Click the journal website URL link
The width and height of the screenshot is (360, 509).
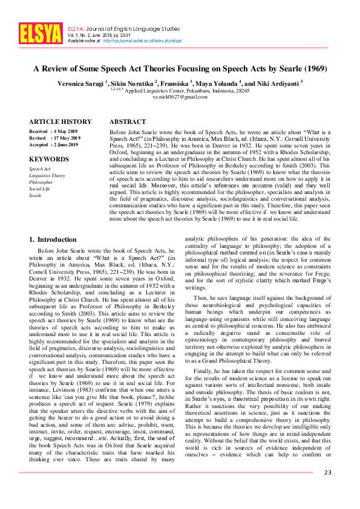pyautogui.click(x=142, y=41)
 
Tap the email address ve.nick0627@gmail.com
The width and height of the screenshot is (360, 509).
pyautogui.click(x=180, y=97)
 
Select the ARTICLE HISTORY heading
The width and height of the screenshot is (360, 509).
pyautogui.click(x=61, y=122)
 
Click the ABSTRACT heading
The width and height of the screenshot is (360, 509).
pyautogui.click(x=128, y=122)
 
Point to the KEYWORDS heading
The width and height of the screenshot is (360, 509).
pyautogui.click(x=49, y=159)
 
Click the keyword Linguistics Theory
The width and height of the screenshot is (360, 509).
pyautogui.click(x=47, y=175)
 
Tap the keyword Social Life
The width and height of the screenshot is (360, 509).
pyautogui.click(x=40, y=189)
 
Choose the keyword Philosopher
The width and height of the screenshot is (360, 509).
pyautogui.click(x=41, y=182)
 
